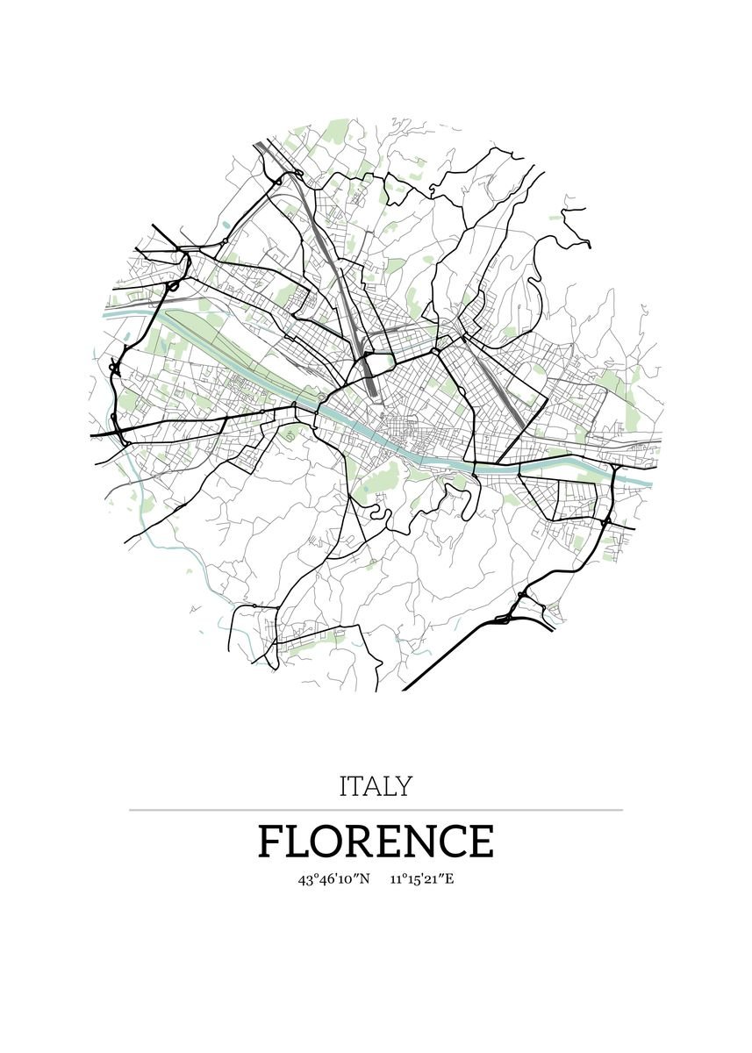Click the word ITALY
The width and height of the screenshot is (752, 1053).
click(x=375, y=785)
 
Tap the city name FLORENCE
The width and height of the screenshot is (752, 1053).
click(x=376, y=841)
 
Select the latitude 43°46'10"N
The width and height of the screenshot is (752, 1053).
click(x=334, y=878)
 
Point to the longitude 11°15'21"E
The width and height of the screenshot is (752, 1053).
click(x=422, y=878)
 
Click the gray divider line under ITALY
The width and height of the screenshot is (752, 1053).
click(x=376, y=810)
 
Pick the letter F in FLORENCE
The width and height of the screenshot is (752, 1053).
click(x=270, y=842)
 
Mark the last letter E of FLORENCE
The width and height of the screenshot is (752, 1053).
click(x=480, y=842)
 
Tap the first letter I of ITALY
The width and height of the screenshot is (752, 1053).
click(x=343, y=785)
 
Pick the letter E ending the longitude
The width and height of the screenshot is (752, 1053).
click(x=449, y=878)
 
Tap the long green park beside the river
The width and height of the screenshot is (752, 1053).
click(x=219, y=338)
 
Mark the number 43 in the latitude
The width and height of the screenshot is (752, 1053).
click(x=304, y=878)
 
